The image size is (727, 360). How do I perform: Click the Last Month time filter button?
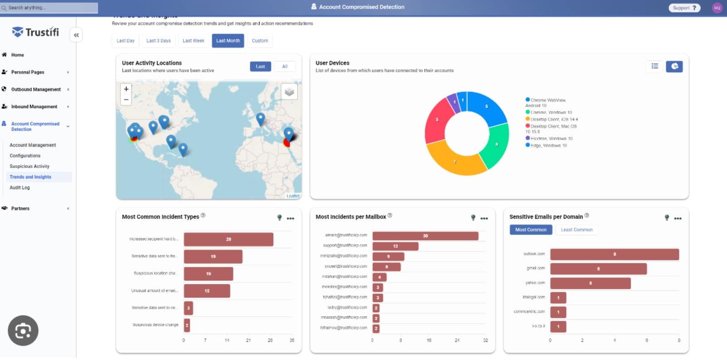click(227, 41)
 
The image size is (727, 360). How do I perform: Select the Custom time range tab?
click(260, 41)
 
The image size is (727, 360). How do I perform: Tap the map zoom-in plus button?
click(126, 89)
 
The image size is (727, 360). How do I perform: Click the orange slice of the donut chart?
click(454, 159)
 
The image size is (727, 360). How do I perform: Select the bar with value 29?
click(228, 239)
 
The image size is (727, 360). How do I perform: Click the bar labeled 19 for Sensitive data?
click(213, 256)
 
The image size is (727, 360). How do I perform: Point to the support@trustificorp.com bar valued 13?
click(395, 246)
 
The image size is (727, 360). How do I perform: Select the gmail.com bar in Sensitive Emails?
click(598, 269)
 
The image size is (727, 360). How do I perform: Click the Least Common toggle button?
click(576, 230)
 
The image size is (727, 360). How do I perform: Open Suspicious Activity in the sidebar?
click(30, 166)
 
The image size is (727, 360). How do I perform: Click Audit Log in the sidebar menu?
click(20, 187)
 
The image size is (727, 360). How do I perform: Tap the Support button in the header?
click(684, 8)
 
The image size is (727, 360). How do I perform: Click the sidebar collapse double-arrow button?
click(76, 35)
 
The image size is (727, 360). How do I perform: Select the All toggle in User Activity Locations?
click(285, 66)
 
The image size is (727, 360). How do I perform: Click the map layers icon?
click(289, 92)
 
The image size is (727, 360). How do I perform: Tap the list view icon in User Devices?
click(654, 66)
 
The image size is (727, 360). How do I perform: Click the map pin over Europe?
click(260, 119)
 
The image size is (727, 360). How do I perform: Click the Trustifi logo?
click(35, 32)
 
